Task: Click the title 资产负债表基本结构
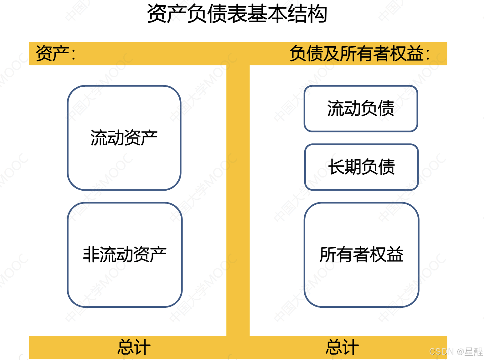point(237,14)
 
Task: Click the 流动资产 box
point(124,138)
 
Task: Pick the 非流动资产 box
point(125,255)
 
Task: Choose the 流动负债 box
point(361,108)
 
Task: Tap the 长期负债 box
point(361,167)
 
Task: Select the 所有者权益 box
point(361,255)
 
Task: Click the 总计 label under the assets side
point(134,347)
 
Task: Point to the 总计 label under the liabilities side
point(342,347)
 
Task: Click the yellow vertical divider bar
point(238,200)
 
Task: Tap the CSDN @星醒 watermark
point(456,352)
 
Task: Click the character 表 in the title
point(237,14)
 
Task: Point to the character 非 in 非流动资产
point(91,255)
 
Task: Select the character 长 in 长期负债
point(336,167)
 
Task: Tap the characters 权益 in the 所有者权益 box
point(387,255)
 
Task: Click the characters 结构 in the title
point(307,14)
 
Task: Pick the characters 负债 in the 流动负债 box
point(378,108)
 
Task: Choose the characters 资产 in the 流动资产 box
point(141,138)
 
